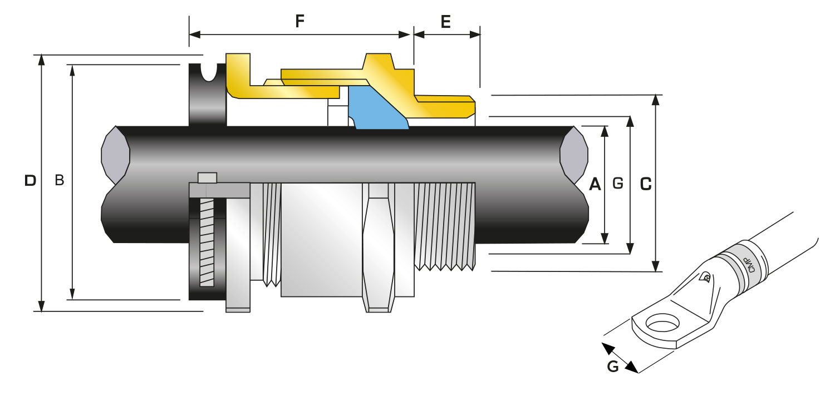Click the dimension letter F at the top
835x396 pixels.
(x=299, y=22)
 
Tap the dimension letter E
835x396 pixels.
(x=445, y=22)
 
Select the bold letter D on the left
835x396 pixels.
(x=31, y=180)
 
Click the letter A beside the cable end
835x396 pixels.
(x=595, y=184)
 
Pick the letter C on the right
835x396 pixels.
(x=646, y=184)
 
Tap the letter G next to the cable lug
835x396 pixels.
(x=612, y=367)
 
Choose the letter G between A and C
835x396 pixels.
(x=617, y=184)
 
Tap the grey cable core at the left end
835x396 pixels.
(x=115, y=155)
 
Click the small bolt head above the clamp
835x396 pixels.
(x=207, y=177)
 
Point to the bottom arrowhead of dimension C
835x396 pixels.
(x=656, y=266)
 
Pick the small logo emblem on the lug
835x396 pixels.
(x=706, y=277)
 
